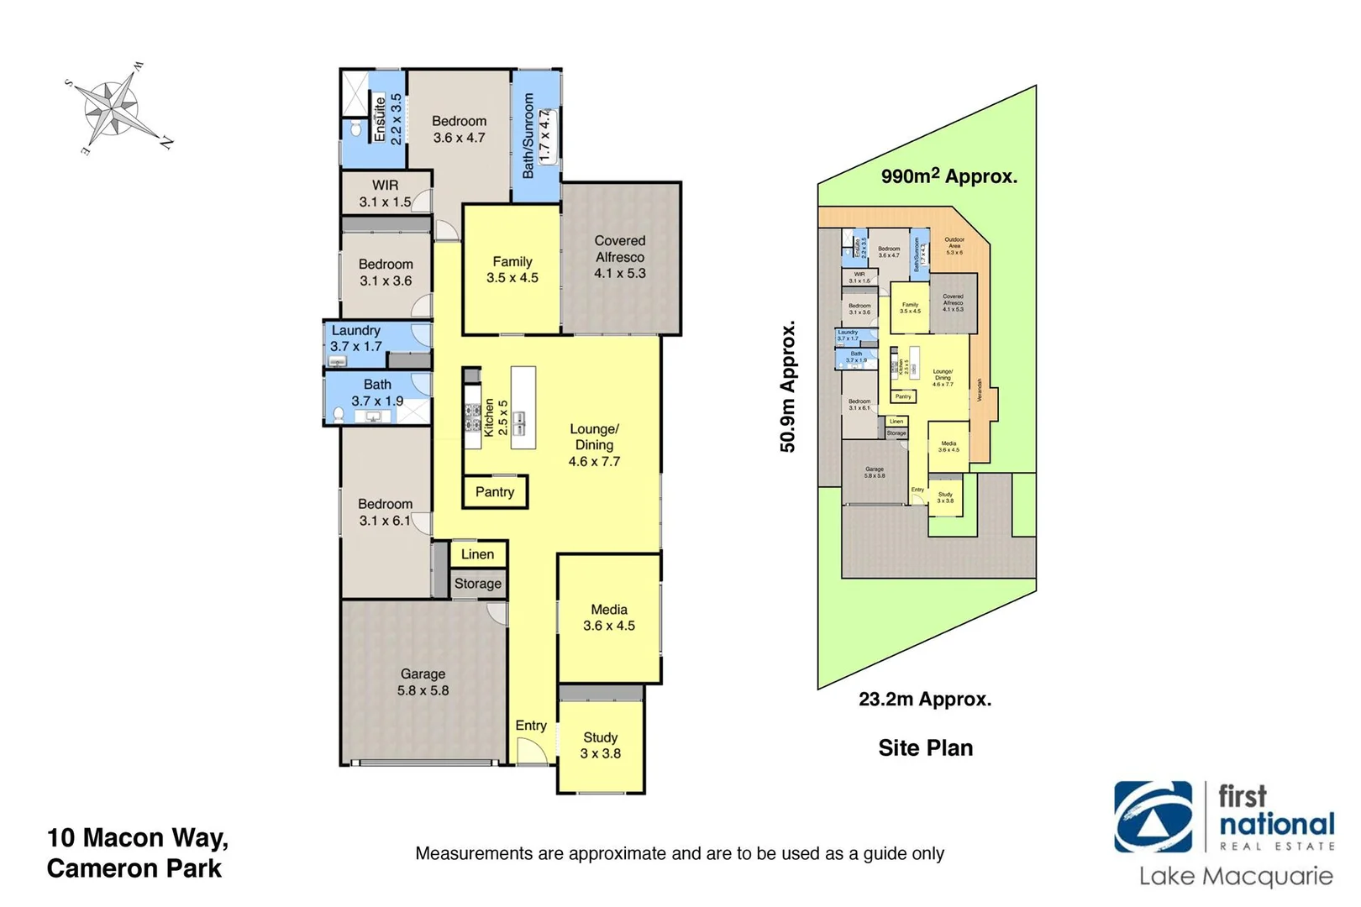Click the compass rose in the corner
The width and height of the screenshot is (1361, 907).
coord(117,109)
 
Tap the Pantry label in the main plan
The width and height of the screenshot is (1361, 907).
coord(494,492)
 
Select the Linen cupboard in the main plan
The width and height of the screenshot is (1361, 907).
coord(477,554)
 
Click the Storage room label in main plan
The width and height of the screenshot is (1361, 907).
coord(477,584)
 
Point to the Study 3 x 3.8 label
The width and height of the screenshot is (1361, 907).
coord(600,745)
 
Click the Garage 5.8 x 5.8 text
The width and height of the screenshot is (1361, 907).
coord(423,682)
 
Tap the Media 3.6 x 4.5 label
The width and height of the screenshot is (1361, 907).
coord(608,617)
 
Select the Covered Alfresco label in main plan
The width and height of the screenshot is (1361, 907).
coord(619,256)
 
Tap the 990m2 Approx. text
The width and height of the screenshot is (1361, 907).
coord(948,176)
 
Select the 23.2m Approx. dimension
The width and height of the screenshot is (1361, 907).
coord(924,699)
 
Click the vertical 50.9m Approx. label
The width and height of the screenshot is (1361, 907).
coord(787,386)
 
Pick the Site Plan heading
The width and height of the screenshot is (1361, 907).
coord(925,747)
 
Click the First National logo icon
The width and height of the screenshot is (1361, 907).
coord(1153,817)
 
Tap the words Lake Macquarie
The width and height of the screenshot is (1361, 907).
coord(1235,877)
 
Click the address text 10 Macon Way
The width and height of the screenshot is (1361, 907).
coord(138,837)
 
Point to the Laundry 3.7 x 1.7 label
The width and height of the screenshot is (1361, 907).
coord(355,338)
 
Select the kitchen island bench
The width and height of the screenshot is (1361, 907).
coord(523,407)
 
